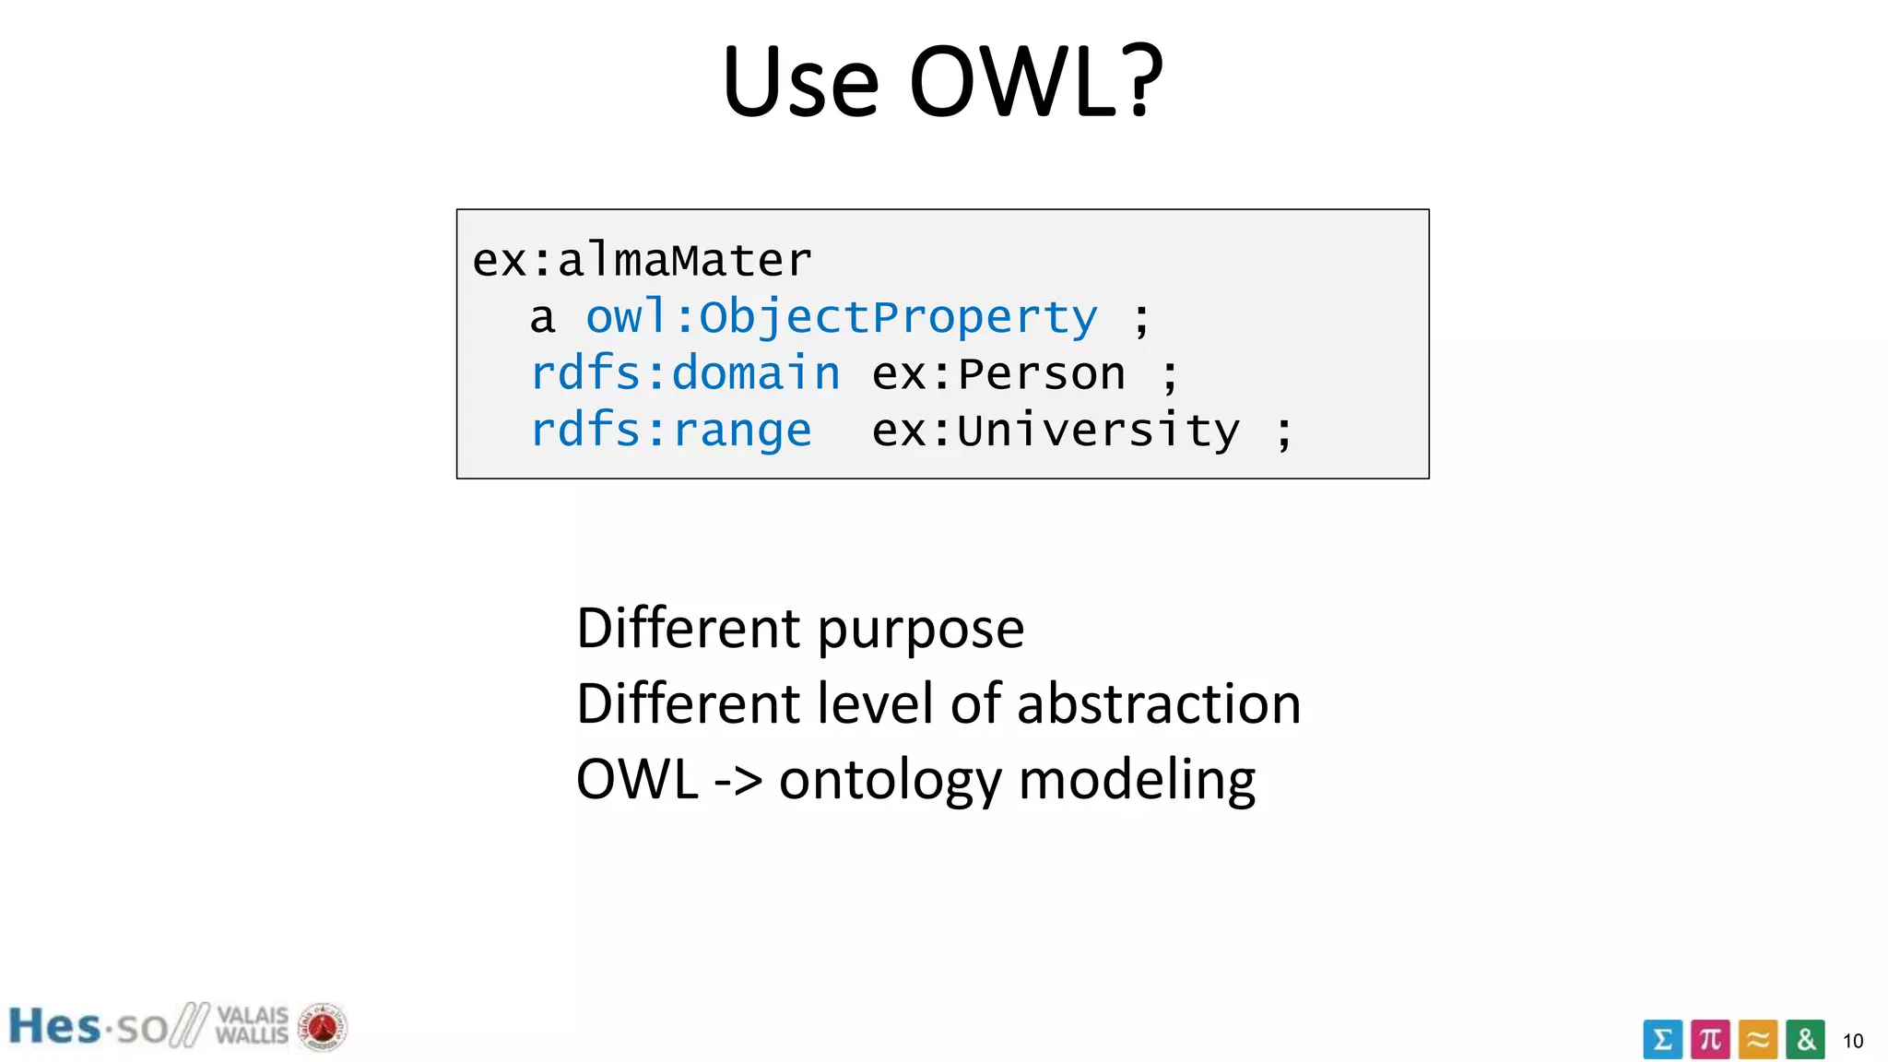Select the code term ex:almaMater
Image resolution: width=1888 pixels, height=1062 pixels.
tap(642, 260)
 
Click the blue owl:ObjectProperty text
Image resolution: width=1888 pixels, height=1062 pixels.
tap(842, 317)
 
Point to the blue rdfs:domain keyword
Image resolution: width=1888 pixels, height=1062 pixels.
tap(685, 373)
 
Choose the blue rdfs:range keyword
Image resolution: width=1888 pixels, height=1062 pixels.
tap(670, 431)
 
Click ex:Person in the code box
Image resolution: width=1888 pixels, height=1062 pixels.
tap(998, 374)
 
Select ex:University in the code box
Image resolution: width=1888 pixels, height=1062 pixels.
tap(1056, 431)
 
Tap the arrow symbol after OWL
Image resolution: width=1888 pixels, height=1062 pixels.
tap(738, 780)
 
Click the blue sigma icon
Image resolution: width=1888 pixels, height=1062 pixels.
tap(1662, 1040)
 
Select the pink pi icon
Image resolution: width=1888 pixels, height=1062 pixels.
tap(1710, 1040)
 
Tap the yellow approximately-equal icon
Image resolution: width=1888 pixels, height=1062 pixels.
tap(1758, 1040)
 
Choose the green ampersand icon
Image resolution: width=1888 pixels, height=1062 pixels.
tap(1805, 1040)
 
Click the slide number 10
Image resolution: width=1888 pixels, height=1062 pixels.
tap(1852, 1042)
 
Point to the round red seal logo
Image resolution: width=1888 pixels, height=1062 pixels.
tap(322, 1027)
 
